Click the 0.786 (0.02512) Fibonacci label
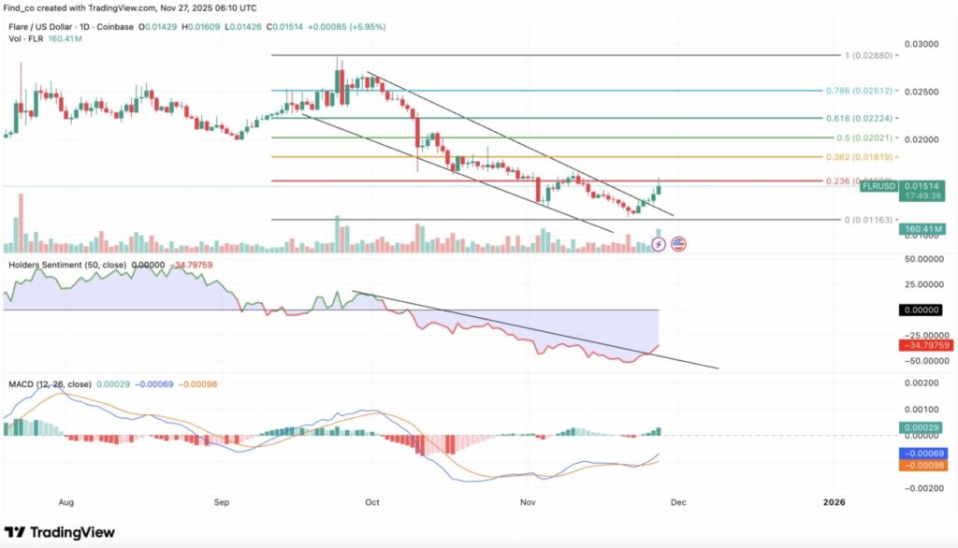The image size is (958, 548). coord(860,91)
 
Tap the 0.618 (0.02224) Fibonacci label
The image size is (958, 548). coord(860,119)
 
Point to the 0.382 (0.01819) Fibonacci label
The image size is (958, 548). coord(860,156)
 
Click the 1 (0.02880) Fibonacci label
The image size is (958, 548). coord(868,55)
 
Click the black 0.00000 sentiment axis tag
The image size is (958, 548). coord(922,310)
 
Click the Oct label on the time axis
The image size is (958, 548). coord(371,501)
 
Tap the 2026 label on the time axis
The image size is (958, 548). coord(834,501)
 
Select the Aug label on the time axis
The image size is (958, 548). coord(65,501)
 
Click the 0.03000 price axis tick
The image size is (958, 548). coord(922,44)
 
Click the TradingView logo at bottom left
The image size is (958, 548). coord(61,532)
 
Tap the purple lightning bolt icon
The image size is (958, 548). coord(658,244)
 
